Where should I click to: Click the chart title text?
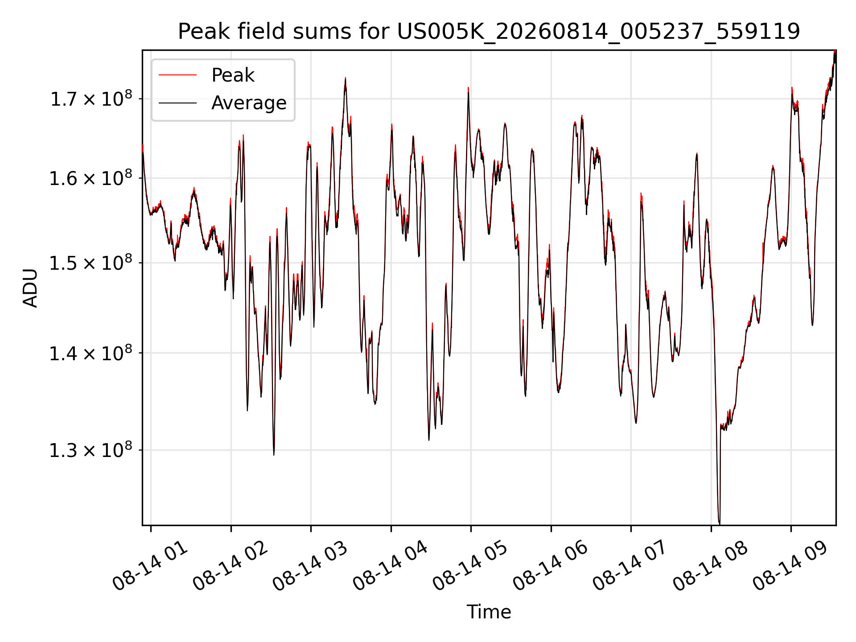(489, 32)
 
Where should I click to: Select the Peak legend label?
(233, 75)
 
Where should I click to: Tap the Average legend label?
(249, 103)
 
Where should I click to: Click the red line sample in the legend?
(177, 75)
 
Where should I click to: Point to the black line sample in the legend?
(177, 103)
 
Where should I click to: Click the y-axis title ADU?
(30, 288)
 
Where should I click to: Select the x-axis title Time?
(489, 612)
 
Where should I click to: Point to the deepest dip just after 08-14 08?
(719, 523)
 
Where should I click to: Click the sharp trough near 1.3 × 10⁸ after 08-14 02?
(274, 454)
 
